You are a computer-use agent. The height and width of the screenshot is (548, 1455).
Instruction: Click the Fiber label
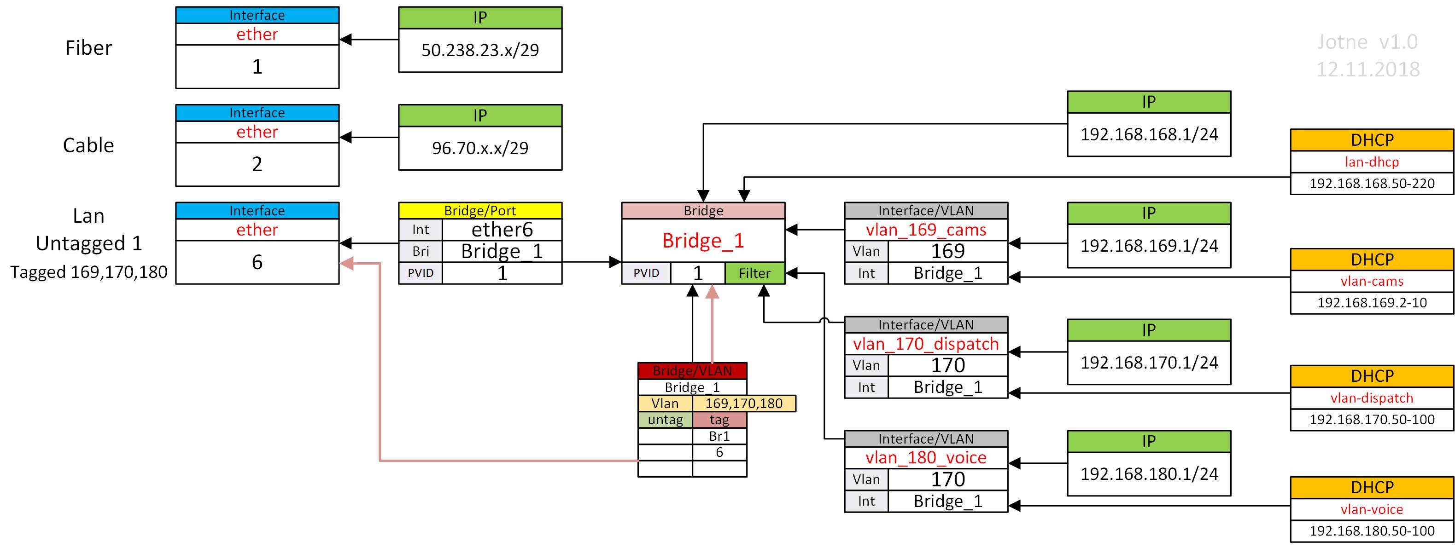tap(89, 48)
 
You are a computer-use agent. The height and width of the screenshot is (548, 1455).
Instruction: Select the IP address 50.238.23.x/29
tap(480, 50)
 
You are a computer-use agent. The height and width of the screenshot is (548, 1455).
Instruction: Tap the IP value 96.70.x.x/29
tap(480, 148)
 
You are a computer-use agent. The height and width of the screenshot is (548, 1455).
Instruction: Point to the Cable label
tap(89, 145)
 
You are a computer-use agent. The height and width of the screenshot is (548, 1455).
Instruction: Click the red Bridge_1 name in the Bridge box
tap(703, 241)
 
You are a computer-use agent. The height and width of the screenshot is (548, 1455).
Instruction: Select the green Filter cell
tap(754, 273)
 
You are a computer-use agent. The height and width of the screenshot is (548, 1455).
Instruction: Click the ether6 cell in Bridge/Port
tap(502, 230)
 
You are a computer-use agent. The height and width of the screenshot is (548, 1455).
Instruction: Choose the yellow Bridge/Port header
tap(480, 211)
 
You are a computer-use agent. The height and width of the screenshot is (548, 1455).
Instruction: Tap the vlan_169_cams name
tap(926, 230)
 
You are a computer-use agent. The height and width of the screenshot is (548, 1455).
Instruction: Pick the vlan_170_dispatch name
tap(926, 344)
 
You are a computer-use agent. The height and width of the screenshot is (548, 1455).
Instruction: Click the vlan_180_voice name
tap(926, 458)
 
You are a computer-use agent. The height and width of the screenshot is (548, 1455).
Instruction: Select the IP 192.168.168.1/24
tap(1149, 134)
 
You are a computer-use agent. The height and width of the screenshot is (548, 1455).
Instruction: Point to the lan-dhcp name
tap(1372, 162)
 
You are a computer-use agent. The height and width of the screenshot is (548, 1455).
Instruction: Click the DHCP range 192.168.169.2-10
tap(1372, 302)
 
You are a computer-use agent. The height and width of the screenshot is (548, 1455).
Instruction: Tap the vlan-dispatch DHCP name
tap(1372, 398)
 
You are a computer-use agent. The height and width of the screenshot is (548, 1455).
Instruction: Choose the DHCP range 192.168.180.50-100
tap(1372, 531)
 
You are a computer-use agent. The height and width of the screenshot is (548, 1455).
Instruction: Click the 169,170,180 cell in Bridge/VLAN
tap(744, 404)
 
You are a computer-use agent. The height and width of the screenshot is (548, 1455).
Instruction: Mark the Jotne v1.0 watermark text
tap(1367, 42)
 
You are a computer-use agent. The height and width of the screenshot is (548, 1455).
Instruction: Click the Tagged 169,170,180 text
tap(89, 272)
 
